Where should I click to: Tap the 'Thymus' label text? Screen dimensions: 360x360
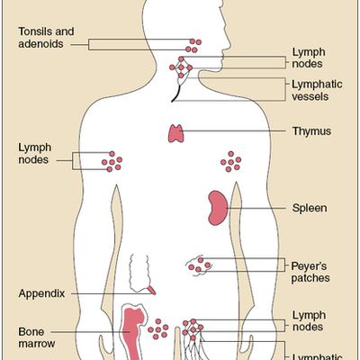click(311, 131)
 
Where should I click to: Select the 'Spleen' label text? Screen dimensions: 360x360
click(309, 208)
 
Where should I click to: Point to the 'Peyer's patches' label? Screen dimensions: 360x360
click(310, 271)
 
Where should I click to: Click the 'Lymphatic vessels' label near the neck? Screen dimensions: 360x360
click(312, 91)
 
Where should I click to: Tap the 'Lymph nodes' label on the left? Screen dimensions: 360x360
click(37, 154)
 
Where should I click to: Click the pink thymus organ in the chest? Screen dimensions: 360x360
click(177, 133)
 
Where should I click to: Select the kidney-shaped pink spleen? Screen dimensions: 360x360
click(216, 208)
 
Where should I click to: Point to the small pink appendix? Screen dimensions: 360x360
click(151, 290)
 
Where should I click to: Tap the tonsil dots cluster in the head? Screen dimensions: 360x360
click(194, 43)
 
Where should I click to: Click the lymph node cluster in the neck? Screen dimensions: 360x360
click(184, 68)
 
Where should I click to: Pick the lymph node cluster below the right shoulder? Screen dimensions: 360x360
click(232, 162)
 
